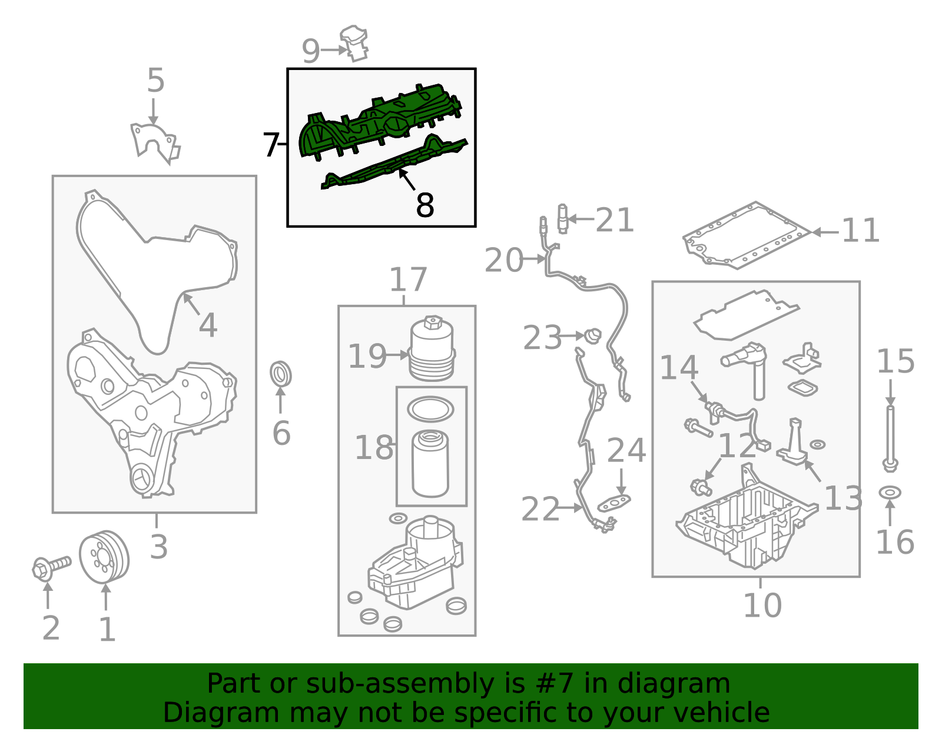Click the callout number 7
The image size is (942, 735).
pyautogui.click(x=271, y=145)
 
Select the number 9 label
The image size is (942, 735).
pyautogui.click(x=311, y=51)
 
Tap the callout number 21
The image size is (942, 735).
pyautogui.click(x=614, y=220)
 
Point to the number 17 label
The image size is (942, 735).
pyautogui.click(x=409, y=280)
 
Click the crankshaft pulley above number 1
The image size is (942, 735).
pyautogui.click(x=104, y=557)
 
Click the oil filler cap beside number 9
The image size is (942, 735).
pyautogui.click(x=354, y=44)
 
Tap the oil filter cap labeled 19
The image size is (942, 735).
pyautogui.click(x=432, y=348)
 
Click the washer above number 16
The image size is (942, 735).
pyautogui.click(x=890, y=493)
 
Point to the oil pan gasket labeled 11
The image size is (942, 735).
pyautogui.click(x=746, y=235)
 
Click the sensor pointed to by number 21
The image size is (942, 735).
pyautogui.click(x=563, y=218)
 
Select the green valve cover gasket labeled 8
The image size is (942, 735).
pyautogui.click(x=394, y=163)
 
